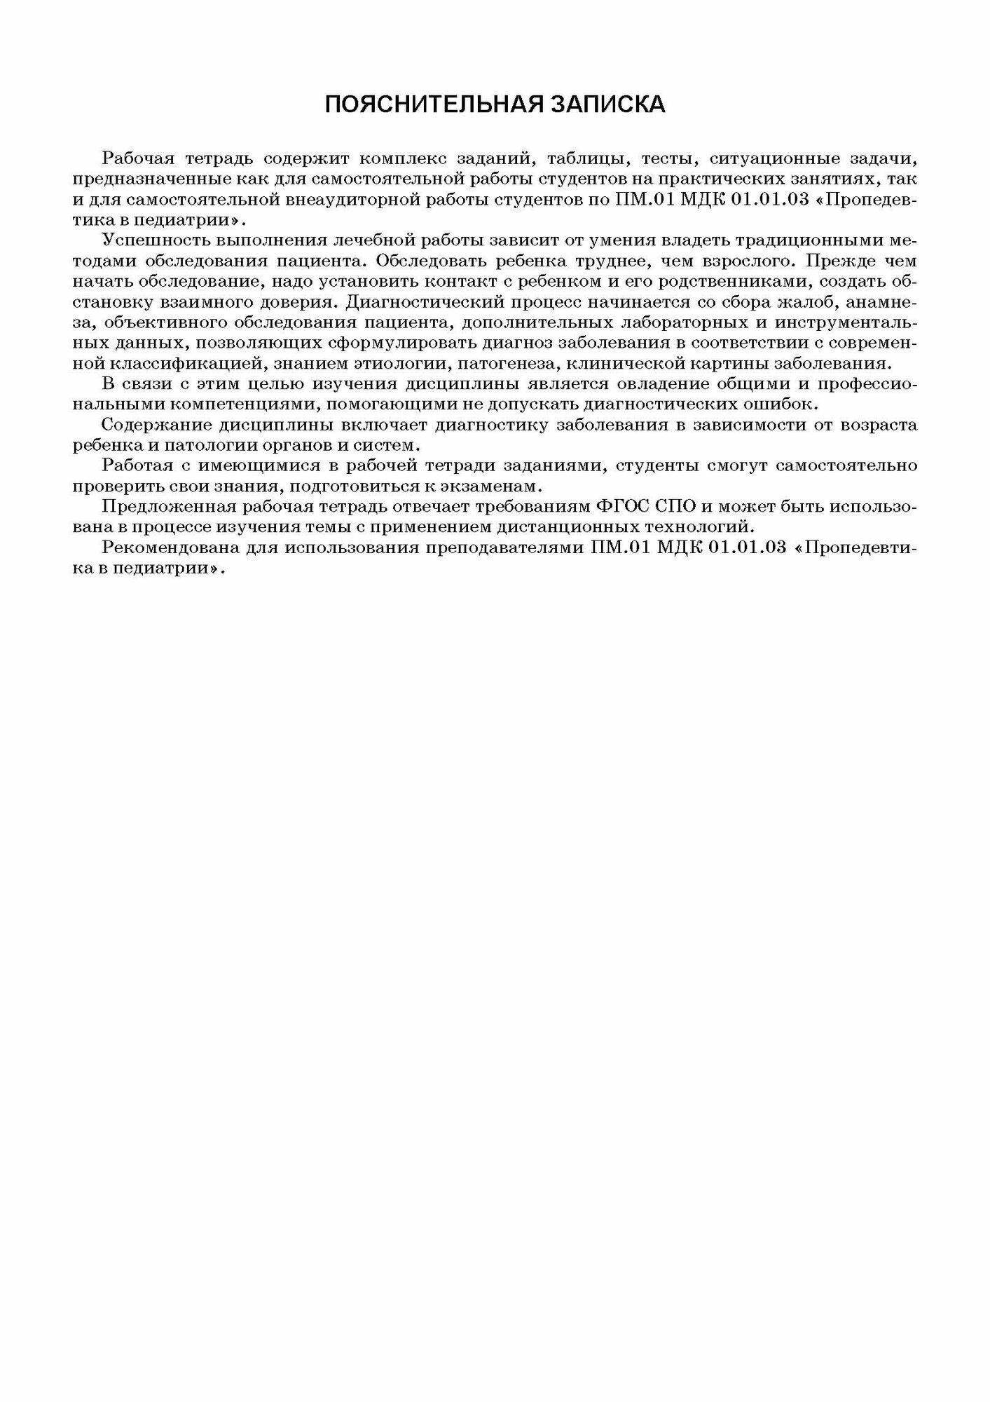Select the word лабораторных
686,323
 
